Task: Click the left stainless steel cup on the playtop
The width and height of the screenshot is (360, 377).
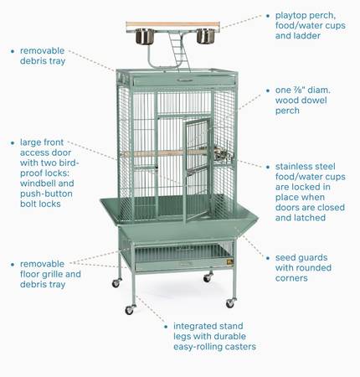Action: tap(145, 36)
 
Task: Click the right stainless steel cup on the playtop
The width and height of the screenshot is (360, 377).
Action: tap(206, 36)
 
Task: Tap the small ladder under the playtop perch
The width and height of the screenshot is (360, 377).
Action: tap(179, 51)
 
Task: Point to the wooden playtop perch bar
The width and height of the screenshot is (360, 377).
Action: tap(172, 25)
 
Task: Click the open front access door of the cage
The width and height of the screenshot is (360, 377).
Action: tap(197, 169)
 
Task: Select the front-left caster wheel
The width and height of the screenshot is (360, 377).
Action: tap(130, 309)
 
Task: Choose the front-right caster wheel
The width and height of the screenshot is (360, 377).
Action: tap(231, 303)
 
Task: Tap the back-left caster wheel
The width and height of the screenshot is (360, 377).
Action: tap(116, 283)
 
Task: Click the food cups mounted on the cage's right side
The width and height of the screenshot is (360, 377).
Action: tap(223, 155)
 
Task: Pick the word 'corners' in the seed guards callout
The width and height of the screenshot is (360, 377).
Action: tap(291, 278)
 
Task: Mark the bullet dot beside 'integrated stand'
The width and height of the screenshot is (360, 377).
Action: tap(166, 326)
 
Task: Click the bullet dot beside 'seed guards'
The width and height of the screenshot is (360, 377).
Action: tap(268, 258)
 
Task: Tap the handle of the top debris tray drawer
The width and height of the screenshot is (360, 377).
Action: tap(184, 80)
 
